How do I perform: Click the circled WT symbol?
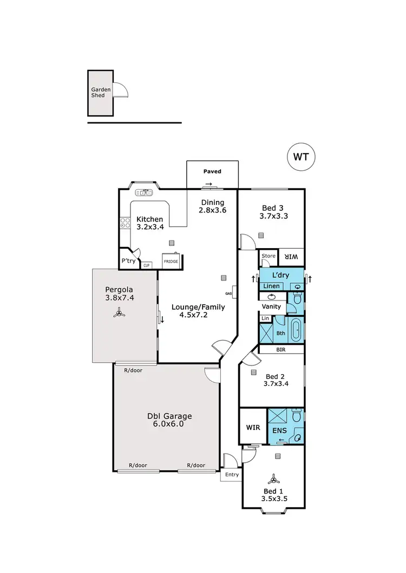coord(301,157)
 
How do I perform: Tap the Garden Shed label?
coord(101,92)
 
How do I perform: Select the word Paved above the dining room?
coord(212,171)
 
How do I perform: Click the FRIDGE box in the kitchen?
coord(171,261)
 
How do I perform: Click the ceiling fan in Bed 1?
coord(274,479)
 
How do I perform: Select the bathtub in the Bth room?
coord(296,330)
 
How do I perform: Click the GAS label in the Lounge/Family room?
coord(229,293)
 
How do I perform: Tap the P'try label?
coord(128,261)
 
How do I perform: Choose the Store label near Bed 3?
coord(269,256)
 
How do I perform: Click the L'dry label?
coord(281,275)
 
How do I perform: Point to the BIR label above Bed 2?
coord(281,350)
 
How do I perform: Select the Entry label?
coord(232,475)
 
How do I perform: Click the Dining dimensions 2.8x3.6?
coord(212,212)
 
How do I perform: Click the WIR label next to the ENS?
coord(253,427)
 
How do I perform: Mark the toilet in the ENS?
coord(296,417)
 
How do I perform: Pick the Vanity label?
coord(271,307)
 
